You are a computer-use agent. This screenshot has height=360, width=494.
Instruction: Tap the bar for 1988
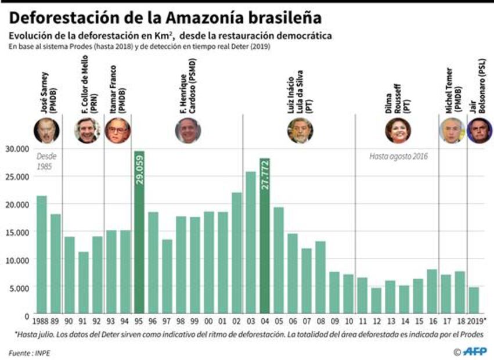pyautogui.click(x=42, y=255)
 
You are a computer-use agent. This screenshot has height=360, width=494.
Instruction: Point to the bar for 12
pyautogui.click(x=376, y=301)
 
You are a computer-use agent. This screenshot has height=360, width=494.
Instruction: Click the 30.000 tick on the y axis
pyautogui.click(x=17, y=149)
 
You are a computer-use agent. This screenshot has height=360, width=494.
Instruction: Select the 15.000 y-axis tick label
pyautogui.click(x=17, y=232)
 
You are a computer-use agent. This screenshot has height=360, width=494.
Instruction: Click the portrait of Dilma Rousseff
pyautogui.click(x=398, y=130)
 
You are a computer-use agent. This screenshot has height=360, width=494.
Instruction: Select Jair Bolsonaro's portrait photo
pyautogui.click(x=479, y=130)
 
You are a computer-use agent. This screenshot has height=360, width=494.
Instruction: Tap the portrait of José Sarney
pyautogui.click(x=46, y=130)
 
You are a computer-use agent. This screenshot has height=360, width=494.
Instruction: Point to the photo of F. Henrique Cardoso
pyautogui.click(x=187, y=130)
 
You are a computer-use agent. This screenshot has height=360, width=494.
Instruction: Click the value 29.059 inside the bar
pyautogui.click(x=139, y=170)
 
